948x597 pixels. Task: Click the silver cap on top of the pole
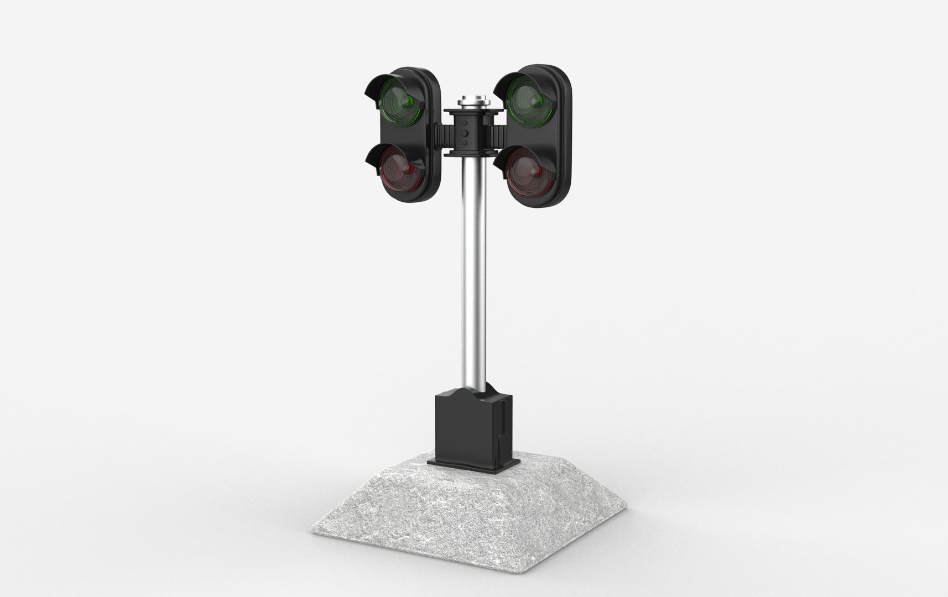click(x=474, y=102)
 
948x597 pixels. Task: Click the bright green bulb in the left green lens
click(x=410, y=101)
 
